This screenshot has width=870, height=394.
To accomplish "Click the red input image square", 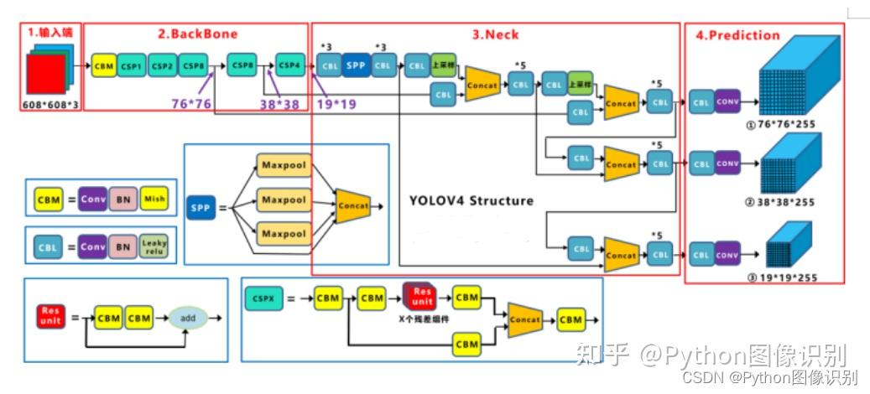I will pyautogui.click(x=53, y=72).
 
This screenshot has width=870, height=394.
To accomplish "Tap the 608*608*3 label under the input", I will pyautogui.click(x=51, y=105).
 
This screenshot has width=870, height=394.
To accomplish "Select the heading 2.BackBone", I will pyautogui.click(x=198, y=34).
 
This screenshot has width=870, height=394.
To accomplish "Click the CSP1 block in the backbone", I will pyautogui.click(x=131, y=65).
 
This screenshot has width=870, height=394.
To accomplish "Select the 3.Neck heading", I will pyautogui.click(x=495, y=34).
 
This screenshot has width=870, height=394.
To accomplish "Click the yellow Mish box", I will pyautogui.click(x=154, y=199).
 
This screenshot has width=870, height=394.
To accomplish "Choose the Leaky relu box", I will pyautogui.click(x=154, y=246).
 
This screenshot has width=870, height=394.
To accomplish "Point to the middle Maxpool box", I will pyautogui.click(x=283, y=200).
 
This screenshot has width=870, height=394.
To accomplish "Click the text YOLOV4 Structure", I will pyautogui.click(x=471, y=201).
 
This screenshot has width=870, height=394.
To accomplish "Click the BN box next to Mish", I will pyautogui.click(x=123, y=199).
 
